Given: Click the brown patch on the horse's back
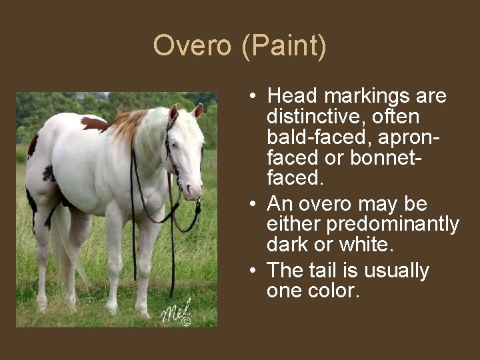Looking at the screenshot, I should pos(94,124).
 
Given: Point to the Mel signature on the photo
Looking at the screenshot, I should pos(175,309).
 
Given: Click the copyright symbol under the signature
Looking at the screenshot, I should pos(186,321).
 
